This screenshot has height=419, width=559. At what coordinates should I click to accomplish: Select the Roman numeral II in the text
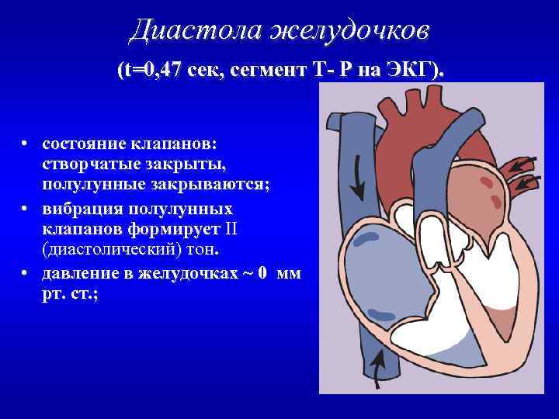(x=232, y=230)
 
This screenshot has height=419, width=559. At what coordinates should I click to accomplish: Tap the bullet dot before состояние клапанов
(x=26, y=144)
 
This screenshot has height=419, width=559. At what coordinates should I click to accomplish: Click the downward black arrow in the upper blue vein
(x=358, y=175)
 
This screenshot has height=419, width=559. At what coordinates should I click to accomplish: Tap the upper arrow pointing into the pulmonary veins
(x=523, y=164)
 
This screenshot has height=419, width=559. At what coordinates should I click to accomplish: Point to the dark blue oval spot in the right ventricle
(x=381, y=314)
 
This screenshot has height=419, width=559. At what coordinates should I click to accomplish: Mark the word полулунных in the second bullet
(x=190, y=210)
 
